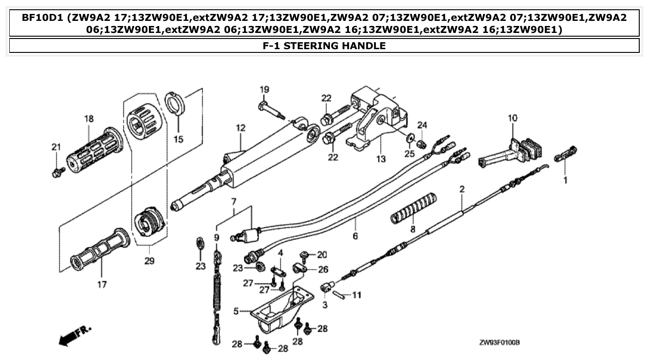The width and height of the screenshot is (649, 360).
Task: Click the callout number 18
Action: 89,119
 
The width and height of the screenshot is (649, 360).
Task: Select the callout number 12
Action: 239,128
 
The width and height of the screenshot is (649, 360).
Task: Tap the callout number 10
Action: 512,118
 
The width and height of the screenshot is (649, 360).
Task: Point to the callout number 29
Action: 149,261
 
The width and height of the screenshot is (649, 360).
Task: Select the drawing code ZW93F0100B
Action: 499,343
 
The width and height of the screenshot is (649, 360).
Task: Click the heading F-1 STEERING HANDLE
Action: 324,45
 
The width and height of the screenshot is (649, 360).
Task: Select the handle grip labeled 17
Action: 99,251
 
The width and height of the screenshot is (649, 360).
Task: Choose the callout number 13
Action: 380,159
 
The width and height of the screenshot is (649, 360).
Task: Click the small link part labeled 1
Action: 566,155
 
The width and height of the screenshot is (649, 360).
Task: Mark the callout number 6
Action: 355,236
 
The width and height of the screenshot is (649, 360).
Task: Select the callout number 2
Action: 462,189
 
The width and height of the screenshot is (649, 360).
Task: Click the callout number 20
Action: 321,254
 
